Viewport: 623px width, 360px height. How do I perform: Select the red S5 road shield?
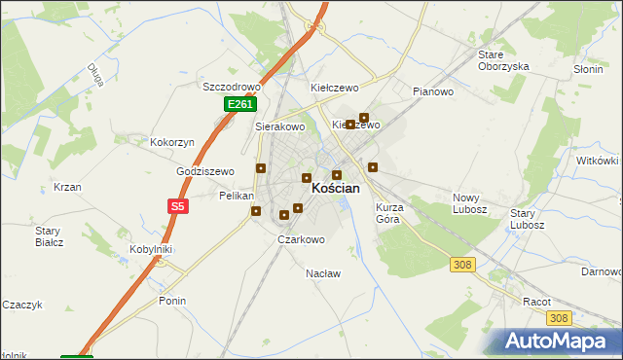coord(176,206)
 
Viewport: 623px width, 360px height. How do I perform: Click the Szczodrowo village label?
coord(228,86)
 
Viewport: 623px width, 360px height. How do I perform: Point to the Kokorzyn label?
coord(172,142)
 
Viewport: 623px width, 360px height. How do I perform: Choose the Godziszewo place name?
coord(205,171)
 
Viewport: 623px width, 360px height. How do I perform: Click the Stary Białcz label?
coord(49,236)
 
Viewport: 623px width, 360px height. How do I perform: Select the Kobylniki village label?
coord(151,249)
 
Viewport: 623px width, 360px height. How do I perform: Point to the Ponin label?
coord(172,301)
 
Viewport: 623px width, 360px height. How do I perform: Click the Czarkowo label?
coord(301,239)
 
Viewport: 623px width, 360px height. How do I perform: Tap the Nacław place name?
coord(323,273)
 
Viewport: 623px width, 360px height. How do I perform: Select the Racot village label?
coord(535,302)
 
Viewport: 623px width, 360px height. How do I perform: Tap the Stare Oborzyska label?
coord(502,60)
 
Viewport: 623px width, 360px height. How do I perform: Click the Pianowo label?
coord(433,92)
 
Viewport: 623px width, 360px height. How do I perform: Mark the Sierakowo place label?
coord(280,126)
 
